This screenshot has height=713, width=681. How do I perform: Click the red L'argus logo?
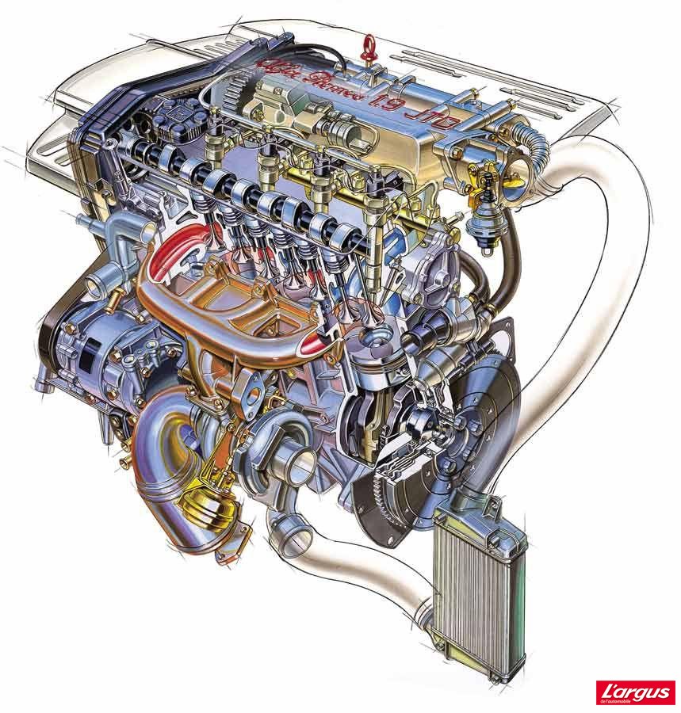click(x=637, y=692)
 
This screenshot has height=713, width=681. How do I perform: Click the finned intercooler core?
click(x=472, y=586)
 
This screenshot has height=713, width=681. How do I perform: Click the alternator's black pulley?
click(x=49, y=341)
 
